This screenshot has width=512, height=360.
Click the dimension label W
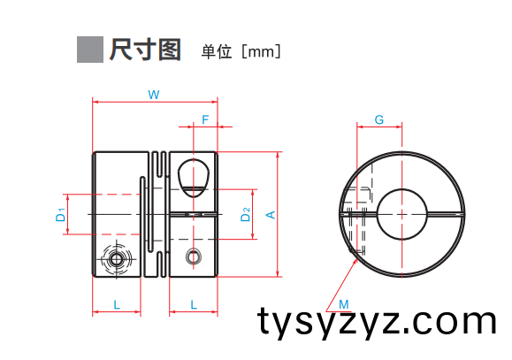[x=154, y=95]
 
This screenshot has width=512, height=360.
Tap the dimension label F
[x=205, y=120]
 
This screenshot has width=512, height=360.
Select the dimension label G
[x=379, y=120]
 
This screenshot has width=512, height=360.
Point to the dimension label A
[x=271, y=215]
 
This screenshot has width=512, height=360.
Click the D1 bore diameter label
[x=61, y=215]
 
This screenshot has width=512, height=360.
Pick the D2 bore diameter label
[x=245, y=214]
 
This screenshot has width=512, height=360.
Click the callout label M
[x=344, y=304]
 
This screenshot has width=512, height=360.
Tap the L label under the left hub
[x=117, y=305]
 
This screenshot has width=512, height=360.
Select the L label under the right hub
[x=194, y=305]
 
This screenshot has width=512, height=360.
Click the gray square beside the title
[x=90, y=50]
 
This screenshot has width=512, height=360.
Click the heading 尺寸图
[x=145, y=50]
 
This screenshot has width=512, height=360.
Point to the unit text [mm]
[x=261, y=51]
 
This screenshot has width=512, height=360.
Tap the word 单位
[x=217, y=51]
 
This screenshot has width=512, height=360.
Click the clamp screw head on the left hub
[x=116, y=260]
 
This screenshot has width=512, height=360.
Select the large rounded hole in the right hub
[x=194, y=178]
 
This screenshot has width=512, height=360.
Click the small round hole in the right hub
[x=194, y=257]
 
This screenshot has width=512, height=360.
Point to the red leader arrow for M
[x=341, y=285]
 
